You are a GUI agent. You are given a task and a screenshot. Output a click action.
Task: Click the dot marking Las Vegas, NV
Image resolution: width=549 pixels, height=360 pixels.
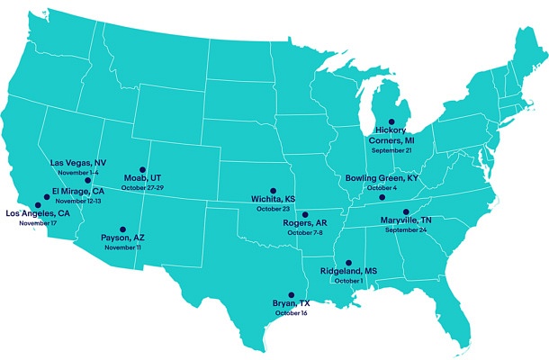87,181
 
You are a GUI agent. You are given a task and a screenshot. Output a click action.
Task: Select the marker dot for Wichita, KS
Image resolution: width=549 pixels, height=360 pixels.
273,191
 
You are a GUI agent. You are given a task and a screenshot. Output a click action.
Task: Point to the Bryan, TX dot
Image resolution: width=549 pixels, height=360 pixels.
290,294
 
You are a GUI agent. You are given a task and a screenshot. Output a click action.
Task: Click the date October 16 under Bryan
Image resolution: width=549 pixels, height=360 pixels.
292,313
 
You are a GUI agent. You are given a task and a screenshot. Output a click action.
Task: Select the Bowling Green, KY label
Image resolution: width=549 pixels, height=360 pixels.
382,178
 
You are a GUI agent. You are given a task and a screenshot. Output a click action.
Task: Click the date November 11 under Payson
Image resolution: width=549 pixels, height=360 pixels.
122,247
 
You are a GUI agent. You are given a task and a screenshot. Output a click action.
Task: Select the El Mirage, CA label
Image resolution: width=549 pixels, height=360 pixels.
77,192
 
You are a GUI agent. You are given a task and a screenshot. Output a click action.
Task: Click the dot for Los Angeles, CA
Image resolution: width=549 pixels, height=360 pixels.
37,205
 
